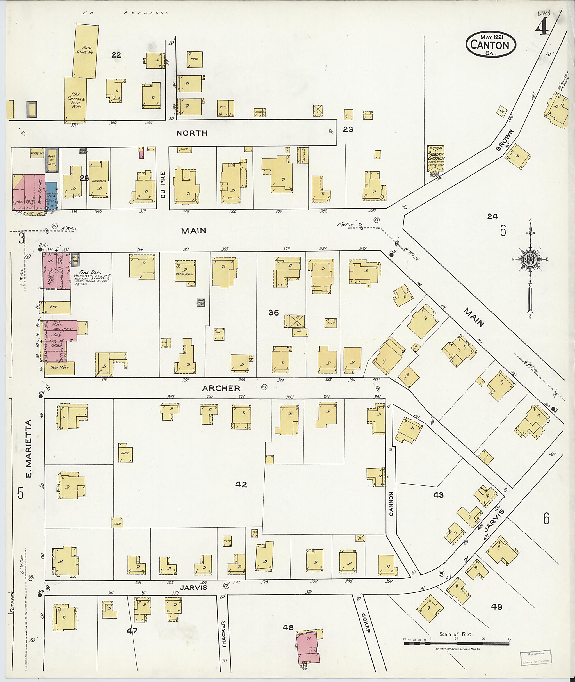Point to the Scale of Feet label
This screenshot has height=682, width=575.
tap(455, 634)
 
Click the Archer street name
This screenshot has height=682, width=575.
tap(221, 388)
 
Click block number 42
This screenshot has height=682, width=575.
tap(241, 494)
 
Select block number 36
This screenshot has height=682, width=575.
tap(273, 313)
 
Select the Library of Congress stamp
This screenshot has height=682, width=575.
tap(536, 657)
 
